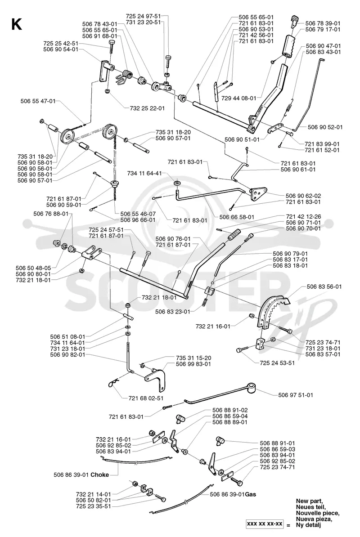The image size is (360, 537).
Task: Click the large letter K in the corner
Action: tap(17, 24)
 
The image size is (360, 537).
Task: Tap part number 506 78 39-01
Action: tap(323, 23)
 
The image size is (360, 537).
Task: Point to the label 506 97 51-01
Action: tap(296, 395)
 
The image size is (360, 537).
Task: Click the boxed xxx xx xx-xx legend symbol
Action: tap(265, 524)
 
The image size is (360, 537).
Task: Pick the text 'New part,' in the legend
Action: tap(309, 501)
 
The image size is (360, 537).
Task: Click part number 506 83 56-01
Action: tap(324, 286)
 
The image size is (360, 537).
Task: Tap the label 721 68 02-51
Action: tap(146, 398)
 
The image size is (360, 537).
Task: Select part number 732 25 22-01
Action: tap(147, 108)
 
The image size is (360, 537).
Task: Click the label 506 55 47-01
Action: tap(38, 101)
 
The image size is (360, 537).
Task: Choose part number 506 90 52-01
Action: tap(325, 127)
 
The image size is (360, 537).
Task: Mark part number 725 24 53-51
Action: tap(277, 362)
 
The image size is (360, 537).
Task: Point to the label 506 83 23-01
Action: tap(173, 312)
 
